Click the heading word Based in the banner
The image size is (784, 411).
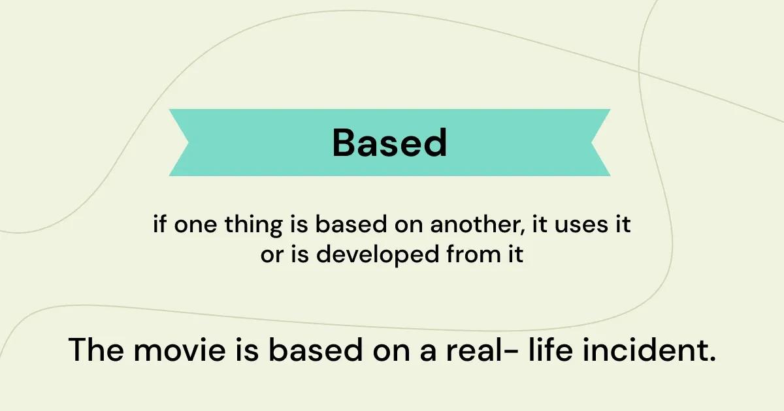(x=389, y=143)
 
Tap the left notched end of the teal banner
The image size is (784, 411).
(x=188, y=143)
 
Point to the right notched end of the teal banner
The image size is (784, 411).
(x=591, y=143)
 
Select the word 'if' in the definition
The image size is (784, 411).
(x=159, y=224)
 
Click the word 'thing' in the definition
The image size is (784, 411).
(x=253, y=226)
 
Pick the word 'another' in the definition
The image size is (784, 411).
(x=476, y=224)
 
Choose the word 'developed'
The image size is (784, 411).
(x=378, y=255)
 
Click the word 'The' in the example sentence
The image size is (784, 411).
(x=96, y=350)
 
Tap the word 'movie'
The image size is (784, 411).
(x=180, y=350)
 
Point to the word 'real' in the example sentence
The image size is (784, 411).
(x=474, y=350)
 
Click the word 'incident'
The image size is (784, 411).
(x=645, y=350)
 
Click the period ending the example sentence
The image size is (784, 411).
(x=712, y=359)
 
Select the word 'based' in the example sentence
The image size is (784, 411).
(x=316, y=350)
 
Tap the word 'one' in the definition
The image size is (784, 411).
(x=195, y=226)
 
